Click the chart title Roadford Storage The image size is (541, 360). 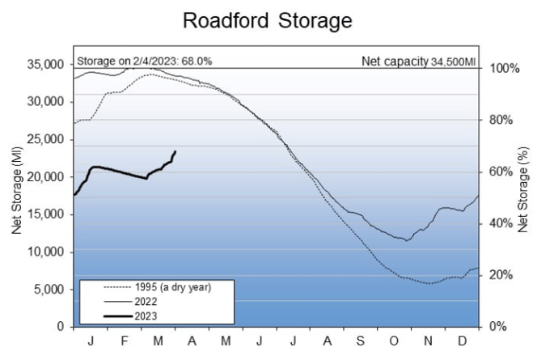[x=268, y=20]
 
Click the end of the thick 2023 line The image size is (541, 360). [x=175, y=151]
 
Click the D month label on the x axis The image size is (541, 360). [x=462, y=340]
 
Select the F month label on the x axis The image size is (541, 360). [x=125, y=340]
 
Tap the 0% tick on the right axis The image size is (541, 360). [x=497, y=327]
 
